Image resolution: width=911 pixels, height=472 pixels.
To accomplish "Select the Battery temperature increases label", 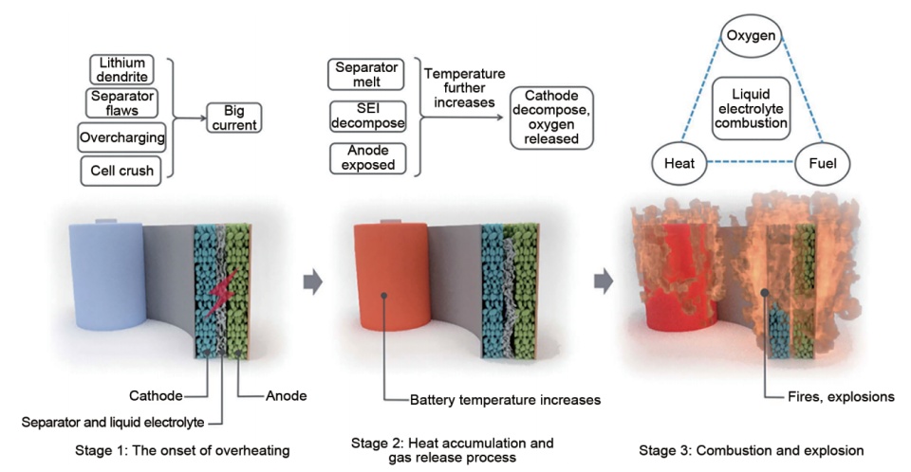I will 505,400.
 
